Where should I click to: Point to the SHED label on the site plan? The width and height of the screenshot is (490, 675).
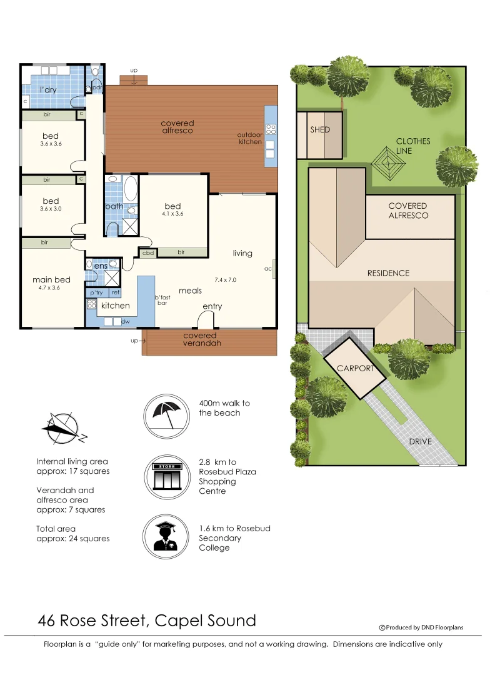coord(320,130)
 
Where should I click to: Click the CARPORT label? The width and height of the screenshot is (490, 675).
coord(355,368)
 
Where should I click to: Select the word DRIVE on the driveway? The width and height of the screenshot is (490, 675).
coord(420,441)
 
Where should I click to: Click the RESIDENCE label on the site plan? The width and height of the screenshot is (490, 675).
coord(387,273)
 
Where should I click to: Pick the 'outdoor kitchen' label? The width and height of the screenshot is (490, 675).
coord(249,138)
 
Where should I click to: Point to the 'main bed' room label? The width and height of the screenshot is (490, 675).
coord(51,279)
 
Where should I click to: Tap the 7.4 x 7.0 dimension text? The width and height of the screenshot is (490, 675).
coord(225,280)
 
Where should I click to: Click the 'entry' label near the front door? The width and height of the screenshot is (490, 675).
coord(212,306)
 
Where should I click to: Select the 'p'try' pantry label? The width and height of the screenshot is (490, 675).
coord(96,292)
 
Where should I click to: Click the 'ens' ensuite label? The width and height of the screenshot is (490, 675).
coord(101,266)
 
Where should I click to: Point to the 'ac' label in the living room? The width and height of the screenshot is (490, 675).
coord(267,269)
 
